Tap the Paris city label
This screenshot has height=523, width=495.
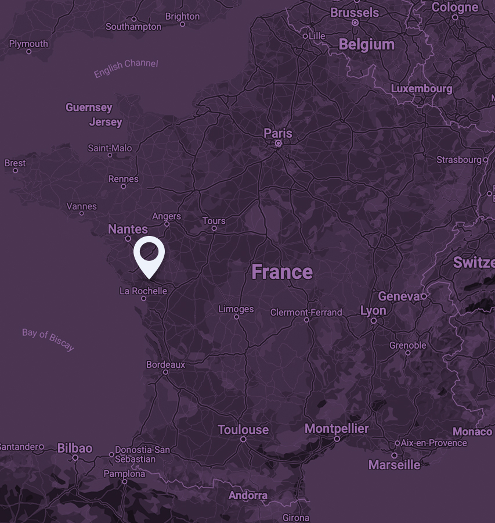click(x=278, y=134)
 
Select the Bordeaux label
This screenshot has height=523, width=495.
click(x=165, y=364)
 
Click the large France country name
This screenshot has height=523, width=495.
click(x=282, y=272)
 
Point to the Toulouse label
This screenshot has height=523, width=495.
click(x=243, y=430)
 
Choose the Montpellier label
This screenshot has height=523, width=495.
click(x=337, y=429)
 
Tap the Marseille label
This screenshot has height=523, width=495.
click(x=394, y=465)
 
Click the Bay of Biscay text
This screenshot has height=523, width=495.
click(x=48, y=339)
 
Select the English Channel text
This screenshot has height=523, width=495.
click(x=126, y=68)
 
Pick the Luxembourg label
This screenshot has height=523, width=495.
click(x=421, y=89)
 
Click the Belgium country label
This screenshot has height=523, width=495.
click(x=366, y=45)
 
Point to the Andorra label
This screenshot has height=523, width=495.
click(x=248, y=496)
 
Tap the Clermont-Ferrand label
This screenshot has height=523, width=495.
click(x=306, y=313)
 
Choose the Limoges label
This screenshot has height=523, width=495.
click(x=236, y=309)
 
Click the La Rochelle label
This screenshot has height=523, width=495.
click(x=143, y=291)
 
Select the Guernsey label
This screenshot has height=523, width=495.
click(x=89, y=108)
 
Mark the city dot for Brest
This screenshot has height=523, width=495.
click(x=15, y=171)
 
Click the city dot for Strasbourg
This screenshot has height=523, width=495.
click(x=486, y=159)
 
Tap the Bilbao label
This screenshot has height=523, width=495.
click(x=75, y=448)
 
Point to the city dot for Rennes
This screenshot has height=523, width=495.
click(x=123, y=187)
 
